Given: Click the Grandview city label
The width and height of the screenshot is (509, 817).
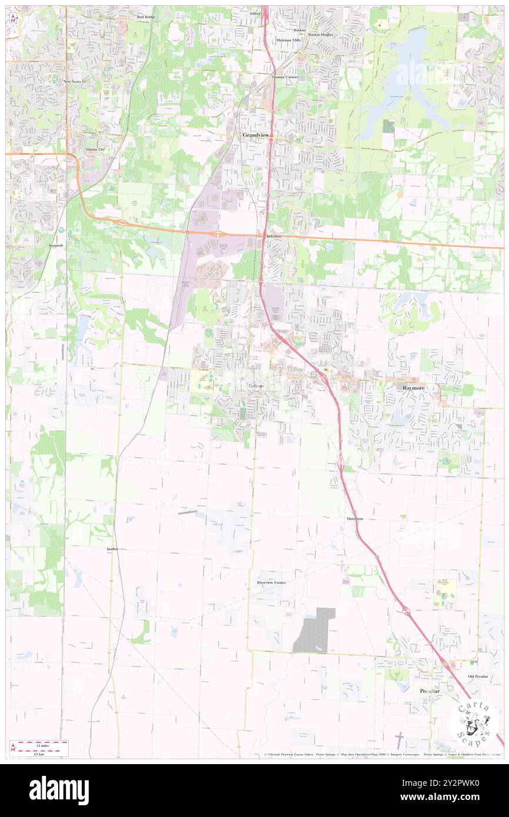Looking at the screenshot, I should [256, 135].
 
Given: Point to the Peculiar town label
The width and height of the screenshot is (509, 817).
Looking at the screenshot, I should [430, 691].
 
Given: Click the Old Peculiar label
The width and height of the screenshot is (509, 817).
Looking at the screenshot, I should [478, 677].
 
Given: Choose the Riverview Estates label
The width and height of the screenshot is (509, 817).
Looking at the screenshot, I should [271, 582].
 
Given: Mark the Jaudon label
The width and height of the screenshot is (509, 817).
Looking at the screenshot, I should [112, 548].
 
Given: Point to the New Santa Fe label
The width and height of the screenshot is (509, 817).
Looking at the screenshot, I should [75, 81].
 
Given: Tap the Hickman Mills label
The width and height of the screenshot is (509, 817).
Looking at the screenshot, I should [289, 41].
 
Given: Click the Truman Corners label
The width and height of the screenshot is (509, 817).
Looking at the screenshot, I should [285, 77].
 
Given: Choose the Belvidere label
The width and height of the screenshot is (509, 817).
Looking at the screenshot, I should [274, 236].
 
